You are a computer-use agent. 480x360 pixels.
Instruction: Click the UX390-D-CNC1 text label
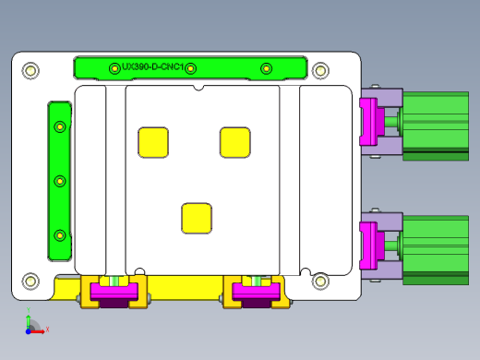(153, 67)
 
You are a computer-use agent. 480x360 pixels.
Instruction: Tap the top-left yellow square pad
(153, 141)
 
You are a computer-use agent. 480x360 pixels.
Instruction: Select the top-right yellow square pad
(235, 141)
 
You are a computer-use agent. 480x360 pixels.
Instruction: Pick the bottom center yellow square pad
(197, 218)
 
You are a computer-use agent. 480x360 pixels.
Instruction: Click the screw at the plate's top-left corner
(30, 70)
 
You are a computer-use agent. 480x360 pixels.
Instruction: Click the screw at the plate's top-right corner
(320, 70)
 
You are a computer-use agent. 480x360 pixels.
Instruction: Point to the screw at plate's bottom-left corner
(30, 281)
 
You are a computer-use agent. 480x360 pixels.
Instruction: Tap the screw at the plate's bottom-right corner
(320, 281)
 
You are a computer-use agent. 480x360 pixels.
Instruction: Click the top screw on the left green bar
(60, 126)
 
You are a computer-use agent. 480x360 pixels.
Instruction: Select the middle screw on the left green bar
(60, 181)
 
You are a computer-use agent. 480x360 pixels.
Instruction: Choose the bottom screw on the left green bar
(60, 235)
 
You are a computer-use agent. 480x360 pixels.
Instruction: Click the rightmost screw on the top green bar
(267, 67)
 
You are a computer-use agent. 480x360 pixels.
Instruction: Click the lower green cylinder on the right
(436, 245)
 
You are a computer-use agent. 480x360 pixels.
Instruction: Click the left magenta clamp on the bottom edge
(115, 294)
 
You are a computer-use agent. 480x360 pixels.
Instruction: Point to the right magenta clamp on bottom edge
(256, 294)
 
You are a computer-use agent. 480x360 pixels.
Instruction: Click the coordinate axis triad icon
(31, 324)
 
